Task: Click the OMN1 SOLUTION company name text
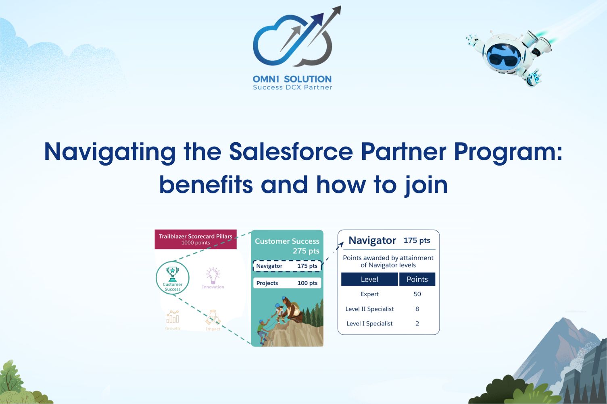(x=292, y=79)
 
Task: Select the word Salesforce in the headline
(x=291, y=152)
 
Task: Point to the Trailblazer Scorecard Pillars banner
(x=196, y=239)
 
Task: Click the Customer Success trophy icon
(x=173, y=274)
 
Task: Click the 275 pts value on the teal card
(x=306, y=251)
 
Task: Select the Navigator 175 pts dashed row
(x=287, y=266)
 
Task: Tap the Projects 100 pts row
(x=287, y=283)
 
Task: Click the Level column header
(x=369, y=279)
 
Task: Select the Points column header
(x=417, y=279)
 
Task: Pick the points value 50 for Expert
(x=417, y=294)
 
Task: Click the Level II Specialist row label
(x=369, y=309)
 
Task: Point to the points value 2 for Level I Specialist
(x=417, y=323)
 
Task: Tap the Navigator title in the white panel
(x=372, y=240)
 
